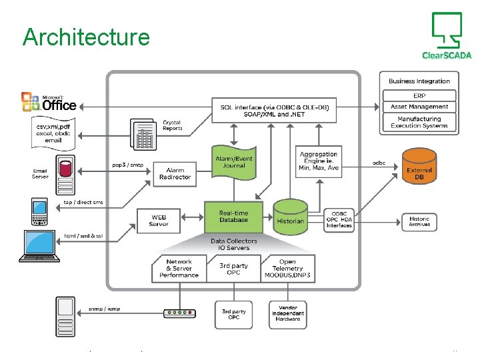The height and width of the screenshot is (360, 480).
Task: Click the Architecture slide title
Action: point(86,37)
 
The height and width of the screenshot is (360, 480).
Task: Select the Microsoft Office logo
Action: point(49,102)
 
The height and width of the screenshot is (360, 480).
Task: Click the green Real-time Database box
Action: point(233,217)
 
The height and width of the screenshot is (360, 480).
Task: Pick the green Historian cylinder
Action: point(290,217)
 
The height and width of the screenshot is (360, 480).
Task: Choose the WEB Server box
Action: point(159,221)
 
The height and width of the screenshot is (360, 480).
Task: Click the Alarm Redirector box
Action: point(175,173)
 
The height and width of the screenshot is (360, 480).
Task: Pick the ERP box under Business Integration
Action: point(419,95)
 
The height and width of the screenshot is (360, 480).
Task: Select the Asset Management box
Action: point(419,107)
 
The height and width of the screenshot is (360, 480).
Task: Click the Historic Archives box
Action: point(419,222)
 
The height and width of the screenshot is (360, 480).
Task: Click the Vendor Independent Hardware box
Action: point(287,313)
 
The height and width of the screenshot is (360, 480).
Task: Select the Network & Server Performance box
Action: point(179,268)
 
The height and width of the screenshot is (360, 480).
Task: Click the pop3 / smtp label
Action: point(127,165)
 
